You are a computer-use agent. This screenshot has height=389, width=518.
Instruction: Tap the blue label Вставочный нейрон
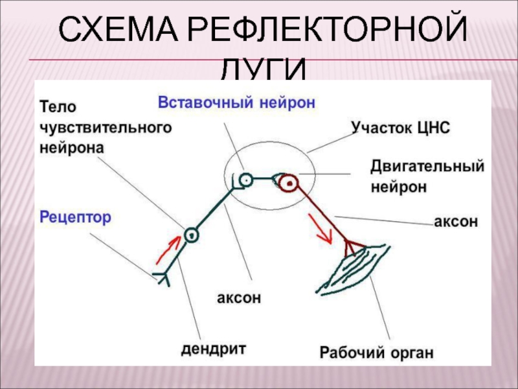click(236, 103)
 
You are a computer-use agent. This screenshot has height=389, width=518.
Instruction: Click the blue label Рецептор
click(76, 217)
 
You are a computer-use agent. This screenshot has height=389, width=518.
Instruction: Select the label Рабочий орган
click(376, 353)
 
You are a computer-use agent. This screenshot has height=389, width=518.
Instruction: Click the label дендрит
click(214, 349)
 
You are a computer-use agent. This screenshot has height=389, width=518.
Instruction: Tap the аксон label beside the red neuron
click(455, 222)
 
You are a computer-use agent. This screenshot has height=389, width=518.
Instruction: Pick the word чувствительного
click(106, 127)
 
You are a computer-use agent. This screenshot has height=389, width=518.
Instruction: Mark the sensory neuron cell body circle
click(190, 235)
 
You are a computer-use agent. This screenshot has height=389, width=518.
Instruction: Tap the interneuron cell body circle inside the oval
click(245, 180)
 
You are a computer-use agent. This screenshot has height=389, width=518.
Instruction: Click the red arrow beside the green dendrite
click(167, 248)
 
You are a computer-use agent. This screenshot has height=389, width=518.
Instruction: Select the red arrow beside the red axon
click(323, 228)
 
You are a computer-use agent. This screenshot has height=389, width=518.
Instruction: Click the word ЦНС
click(432, 126)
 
